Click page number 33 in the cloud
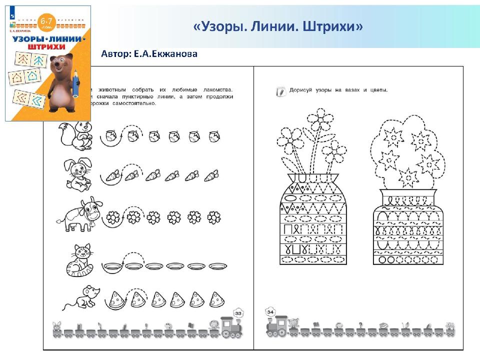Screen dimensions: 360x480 click(237, 313)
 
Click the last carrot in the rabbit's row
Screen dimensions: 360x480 click(211, 175)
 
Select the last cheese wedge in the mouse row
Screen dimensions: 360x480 click(216, 299)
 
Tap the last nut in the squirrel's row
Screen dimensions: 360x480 click(213, 135)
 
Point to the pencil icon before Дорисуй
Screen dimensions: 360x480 click(280, 91)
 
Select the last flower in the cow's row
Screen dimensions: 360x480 click(214, 217)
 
